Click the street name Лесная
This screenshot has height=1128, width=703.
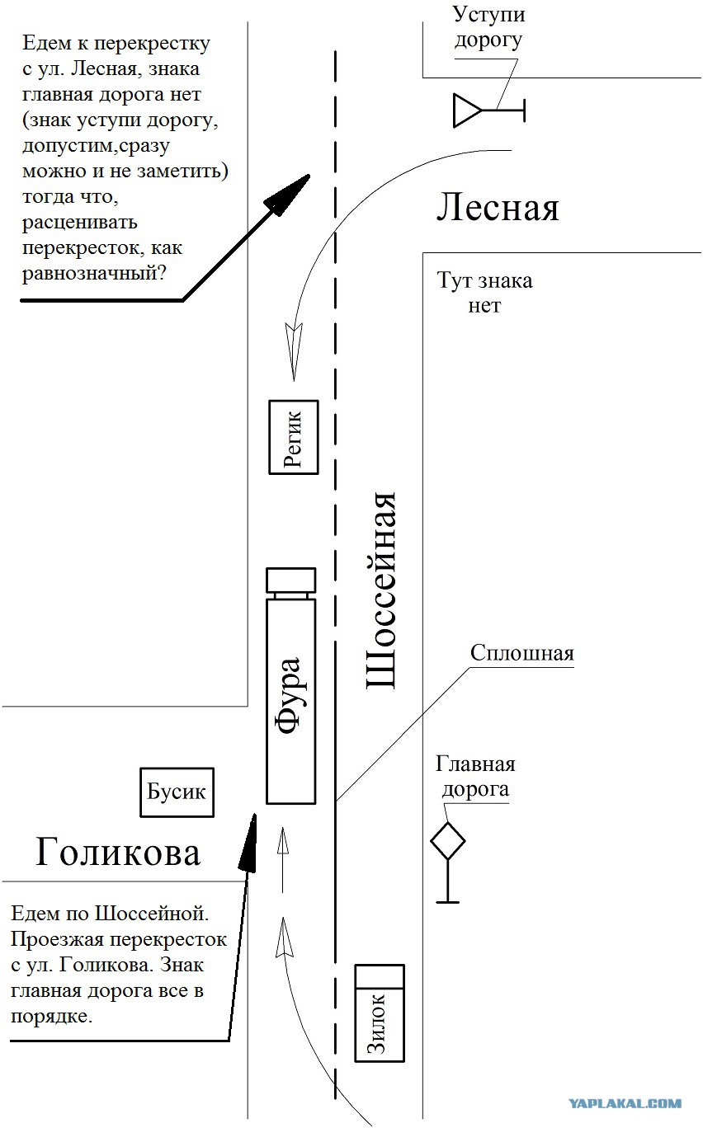pos(498,208)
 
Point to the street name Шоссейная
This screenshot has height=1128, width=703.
pos(380,590)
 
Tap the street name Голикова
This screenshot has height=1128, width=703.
pos(118,852)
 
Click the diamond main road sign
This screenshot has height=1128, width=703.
pos(447,841)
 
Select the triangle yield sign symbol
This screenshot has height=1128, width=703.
pos(466,110)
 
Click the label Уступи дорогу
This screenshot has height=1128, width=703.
pos(488,26)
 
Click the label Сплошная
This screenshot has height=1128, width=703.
pos(522,654)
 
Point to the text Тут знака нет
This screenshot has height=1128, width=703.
pos(484,293)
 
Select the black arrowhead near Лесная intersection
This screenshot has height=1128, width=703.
pos(287,195)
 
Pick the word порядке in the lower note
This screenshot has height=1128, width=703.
pos(52,1017)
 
